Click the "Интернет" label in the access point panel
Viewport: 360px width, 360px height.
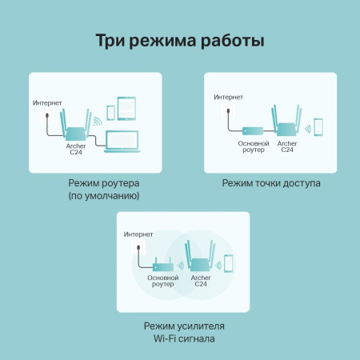228,98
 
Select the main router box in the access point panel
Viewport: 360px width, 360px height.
249,130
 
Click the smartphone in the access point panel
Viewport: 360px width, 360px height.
318,127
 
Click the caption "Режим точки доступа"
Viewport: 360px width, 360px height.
271,183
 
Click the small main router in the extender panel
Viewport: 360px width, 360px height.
165,265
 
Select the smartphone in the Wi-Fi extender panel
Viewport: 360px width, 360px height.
228,264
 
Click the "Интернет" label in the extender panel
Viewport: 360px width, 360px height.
138,234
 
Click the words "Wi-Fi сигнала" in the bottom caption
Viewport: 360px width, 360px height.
179,338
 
